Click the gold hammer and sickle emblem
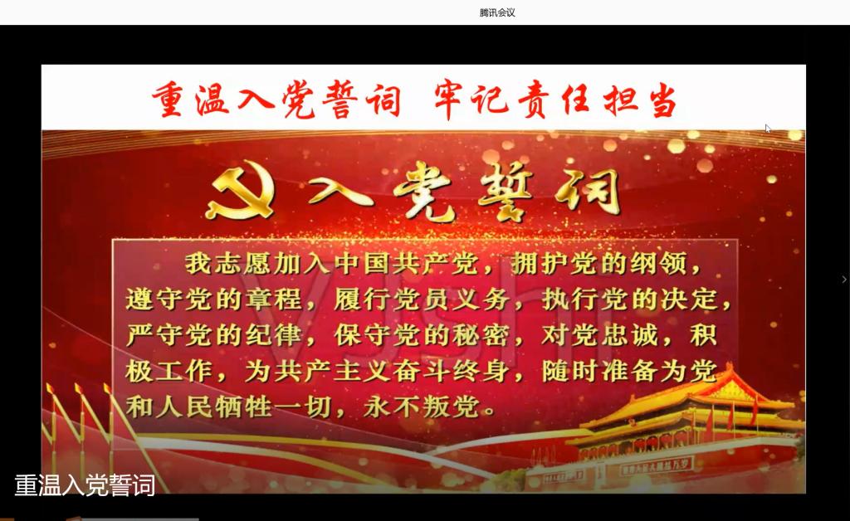(x=240, y=189)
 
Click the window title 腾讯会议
(x=497, y=12)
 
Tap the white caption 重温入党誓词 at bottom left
(x=85, y=484)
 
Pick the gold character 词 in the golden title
(x=589, y=191)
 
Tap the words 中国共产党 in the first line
(x=406, y=264)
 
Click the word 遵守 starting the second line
(x=154, y=299)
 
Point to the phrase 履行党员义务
(x=421, y=299)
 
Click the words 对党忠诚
(x=599, y=335)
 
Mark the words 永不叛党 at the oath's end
(x=421, y=407)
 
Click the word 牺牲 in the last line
(x=243, y=407)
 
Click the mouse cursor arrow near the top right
(x=768, y=129)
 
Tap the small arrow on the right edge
(x=844, y=280)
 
